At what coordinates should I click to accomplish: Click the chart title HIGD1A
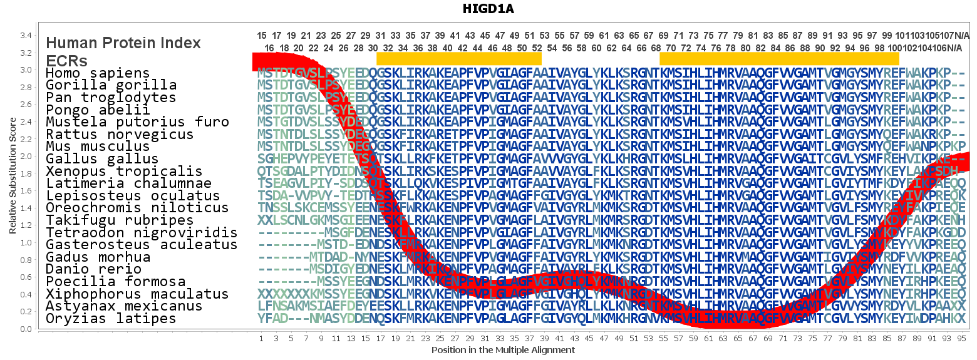(x=488, y=9)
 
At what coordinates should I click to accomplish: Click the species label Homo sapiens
(x=98, y=73)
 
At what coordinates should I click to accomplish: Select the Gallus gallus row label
(x=102, y=159)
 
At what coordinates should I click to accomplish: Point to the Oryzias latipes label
(x=111, y=319)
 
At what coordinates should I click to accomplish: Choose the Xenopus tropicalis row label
(x=124, y=172)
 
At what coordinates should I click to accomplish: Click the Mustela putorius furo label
(x=137, y=122)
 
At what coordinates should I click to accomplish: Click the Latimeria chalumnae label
(x=128, y=183)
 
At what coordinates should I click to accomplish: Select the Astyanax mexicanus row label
(x=124, y=306)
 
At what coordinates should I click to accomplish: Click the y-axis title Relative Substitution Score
(x=13, y=178)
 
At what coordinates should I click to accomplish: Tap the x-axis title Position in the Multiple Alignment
(x=502, y=350)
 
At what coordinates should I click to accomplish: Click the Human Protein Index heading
(x=123, y=43)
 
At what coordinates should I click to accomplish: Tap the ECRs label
(x=66, y=61)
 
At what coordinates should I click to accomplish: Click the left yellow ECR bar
(x=458, y=58)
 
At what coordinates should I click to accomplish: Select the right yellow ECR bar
(x=779, y=58)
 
